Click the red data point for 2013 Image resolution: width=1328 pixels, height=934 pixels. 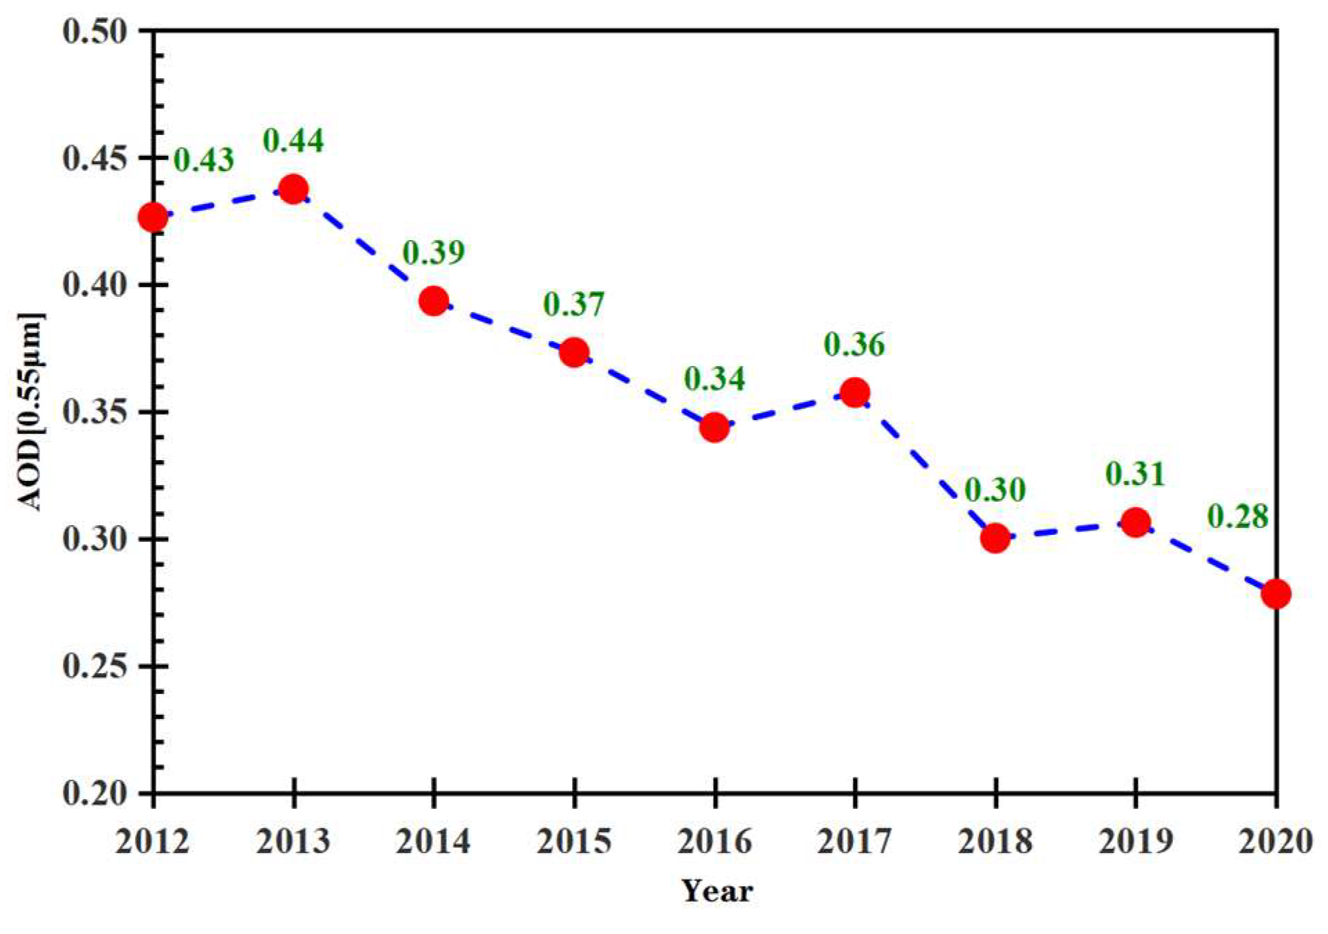293,189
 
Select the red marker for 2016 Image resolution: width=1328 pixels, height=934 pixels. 714,427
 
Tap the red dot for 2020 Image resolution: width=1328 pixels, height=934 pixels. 1275,594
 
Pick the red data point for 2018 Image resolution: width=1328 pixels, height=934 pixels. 995,538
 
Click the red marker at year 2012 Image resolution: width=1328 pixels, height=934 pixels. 153,217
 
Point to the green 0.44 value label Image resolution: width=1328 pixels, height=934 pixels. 293,140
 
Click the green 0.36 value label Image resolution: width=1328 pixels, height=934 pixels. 854,345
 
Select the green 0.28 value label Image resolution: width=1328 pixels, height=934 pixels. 1238,517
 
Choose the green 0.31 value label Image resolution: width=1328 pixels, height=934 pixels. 1135,474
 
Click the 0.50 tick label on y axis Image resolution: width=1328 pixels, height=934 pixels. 95,31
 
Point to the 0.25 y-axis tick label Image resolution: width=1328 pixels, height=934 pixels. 95,666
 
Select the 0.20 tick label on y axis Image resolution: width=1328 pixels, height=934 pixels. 95,793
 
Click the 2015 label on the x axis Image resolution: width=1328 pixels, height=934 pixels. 574,842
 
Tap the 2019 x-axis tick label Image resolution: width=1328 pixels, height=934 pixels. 1135,842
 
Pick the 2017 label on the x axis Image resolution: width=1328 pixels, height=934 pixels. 854,842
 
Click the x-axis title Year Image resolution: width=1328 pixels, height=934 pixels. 717,891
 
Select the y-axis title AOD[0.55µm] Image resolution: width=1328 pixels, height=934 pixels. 30,412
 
